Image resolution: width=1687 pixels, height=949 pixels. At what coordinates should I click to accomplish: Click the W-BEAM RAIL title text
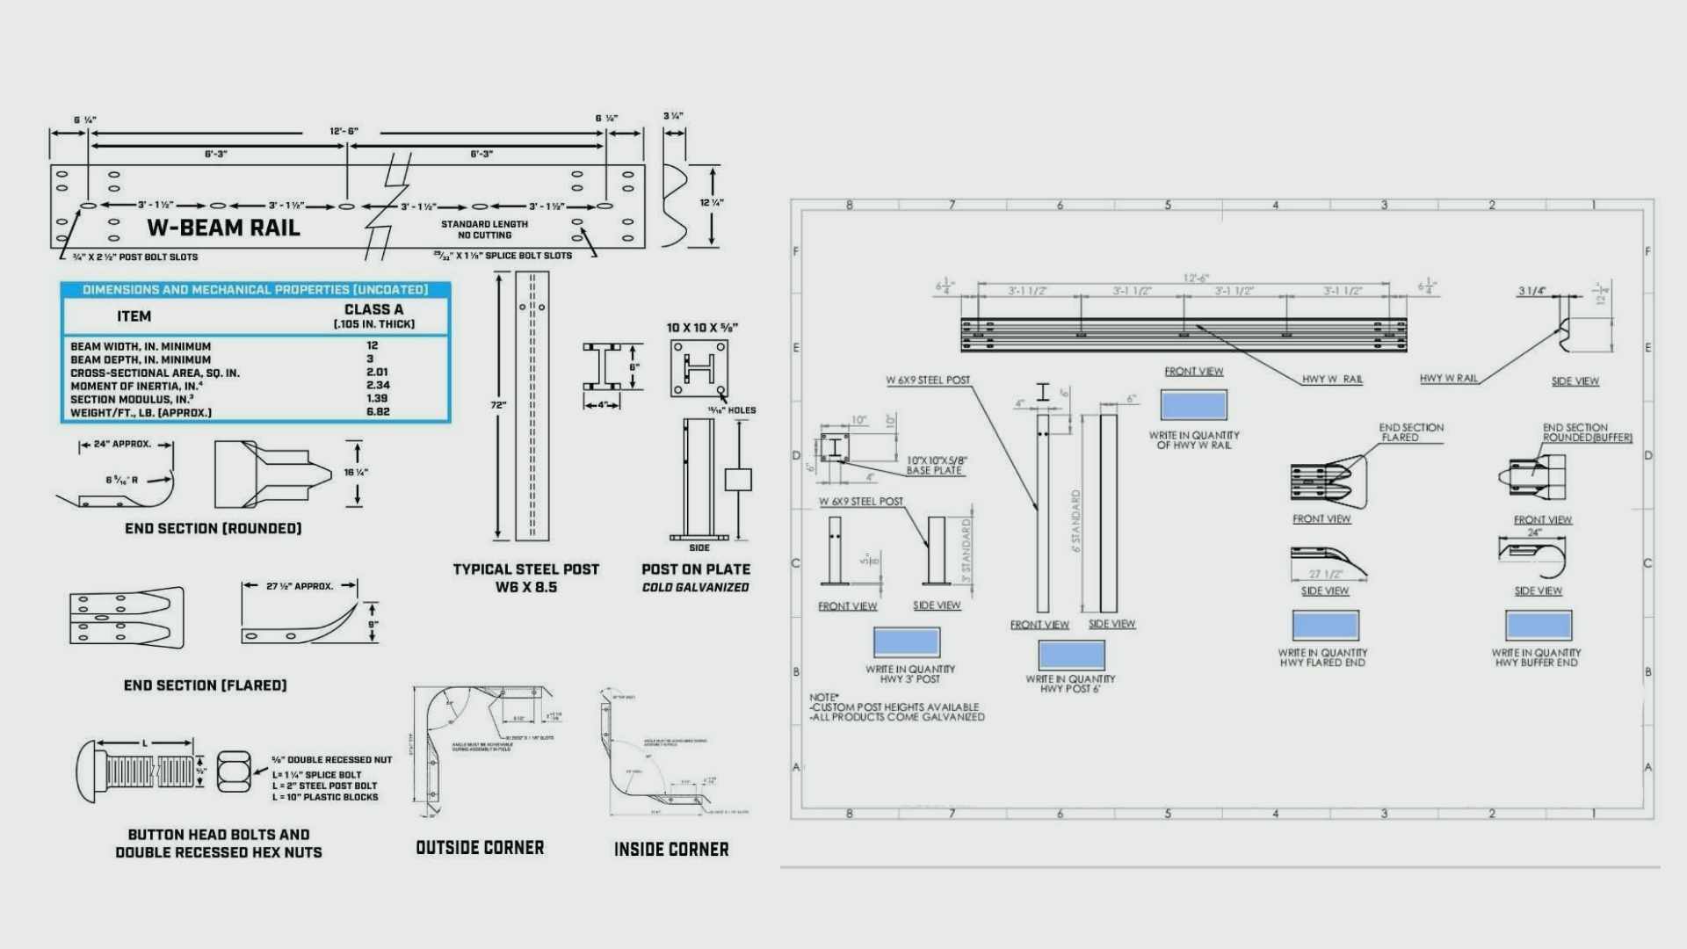pos(223,228)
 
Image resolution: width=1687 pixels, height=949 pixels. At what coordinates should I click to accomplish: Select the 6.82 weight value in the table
pos(378,412)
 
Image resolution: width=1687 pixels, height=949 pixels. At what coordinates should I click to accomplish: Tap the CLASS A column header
pos(373,310)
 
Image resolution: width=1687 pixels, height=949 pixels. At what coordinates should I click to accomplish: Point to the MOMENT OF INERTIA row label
pos(136,386)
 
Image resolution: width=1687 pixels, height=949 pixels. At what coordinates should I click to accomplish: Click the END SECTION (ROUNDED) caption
pos(213,528)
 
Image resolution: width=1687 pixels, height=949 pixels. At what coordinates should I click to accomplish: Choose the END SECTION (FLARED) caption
pos(205,685)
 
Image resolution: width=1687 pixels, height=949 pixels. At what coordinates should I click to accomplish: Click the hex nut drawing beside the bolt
pos(234,771)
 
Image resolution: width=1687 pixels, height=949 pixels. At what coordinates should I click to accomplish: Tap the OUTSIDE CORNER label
pos(480,848)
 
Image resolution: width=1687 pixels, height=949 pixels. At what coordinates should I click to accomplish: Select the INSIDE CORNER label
pos(671,850)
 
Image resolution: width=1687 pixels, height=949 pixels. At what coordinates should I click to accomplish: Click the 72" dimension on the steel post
pos(498,405)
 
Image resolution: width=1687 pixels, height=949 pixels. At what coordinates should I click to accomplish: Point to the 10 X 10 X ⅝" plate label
pos(702,328)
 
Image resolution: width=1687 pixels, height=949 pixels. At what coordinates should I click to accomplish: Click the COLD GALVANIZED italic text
pos(695,588)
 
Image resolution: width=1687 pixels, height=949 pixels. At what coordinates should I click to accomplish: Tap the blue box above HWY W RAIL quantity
pos(1193,405)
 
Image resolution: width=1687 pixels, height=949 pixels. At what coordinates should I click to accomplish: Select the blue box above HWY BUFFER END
pos(1538,626)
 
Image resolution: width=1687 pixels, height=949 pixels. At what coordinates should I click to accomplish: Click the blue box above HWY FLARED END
pos(1325,626)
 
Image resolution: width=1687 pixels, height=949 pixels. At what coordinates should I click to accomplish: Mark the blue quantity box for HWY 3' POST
pos(907,642)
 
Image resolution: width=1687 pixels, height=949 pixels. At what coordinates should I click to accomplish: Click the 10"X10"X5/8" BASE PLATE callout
pos(936,466)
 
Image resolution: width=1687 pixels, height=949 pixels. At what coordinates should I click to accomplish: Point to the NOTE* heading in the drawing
pos(824,697)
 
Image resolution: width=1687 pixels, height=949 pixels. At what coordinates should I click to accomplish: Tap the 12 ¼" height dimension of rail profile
pos(712,203)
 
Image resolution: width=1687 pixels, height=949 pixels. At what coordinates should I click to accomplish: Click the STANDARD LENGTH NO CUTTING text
pos(484,229)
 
